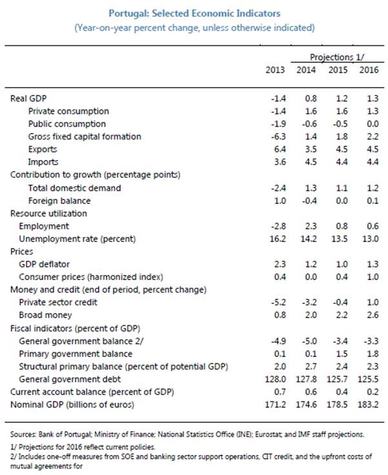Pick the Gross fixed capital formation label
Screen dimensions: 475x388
[85, 136]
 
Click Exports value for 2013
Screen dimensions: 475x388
[280, 149]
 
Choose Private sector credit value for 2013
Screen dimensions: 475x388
[278, 302]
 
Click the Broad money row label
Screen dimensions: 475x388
[45, 315]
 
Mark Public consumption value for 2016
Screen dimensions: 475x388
[369, 123]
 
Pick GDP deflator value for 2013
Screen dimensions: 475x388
[280, 264]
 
